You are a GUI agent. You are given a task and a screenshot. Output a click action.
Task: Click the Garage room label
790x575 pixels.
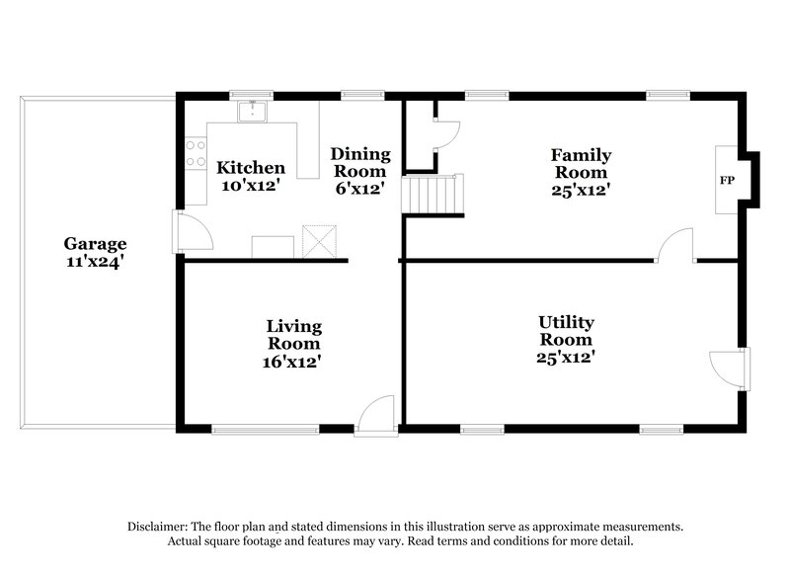[95, 254]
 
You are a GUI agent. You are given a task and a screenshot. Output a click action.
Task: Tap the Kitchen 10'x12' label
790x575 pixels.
[251, 177]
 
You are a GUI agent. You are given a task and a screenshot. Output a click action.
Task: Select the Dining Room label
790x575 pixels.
[359, 170]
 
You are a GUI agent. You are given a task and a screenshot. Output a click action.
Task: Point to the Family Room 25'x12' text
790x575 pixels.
[581, 172]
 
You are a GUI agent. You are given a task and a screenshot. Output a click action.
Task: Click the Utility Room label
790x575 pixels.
[566, 340]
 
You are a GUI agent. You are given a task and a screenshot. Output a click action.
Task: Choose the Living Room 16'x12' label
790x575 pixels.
[293, 344]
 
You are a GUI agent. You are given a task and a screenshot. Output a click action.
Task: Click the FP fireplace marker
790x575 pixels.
[727, 181]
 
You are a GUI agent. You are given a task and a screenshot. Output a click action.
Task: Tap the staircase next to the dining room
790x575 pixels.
[432, 194]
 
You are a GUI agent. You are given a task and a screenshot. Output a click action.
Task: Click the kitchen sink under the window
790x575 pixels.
[253, 110]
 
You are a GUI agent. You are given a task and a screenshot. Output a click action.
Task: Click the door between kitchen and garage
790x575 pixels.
[190, 232]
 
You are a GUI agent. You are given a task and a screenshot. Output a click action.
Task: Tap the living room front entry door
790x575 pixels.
[377, 415]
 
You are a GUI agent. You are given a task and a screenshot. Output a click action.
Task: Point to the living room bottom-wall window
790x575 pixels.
[266, 429]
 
